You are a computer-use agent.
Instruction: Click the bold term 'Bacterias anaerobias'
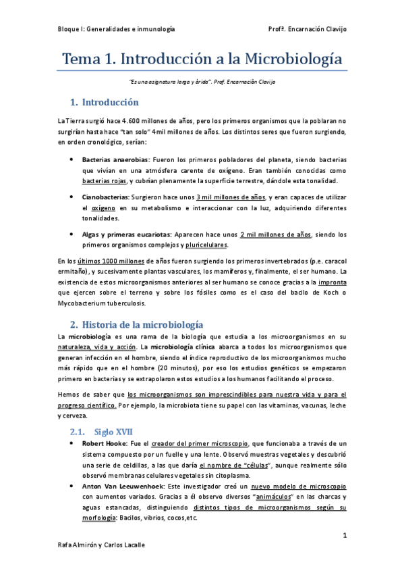tap(111, 160)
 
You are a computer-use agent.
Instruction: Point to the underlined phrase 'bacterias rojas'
tap(103, 182)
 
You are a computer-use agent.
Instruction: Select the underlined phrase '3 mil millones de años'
tap(230, 197)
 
